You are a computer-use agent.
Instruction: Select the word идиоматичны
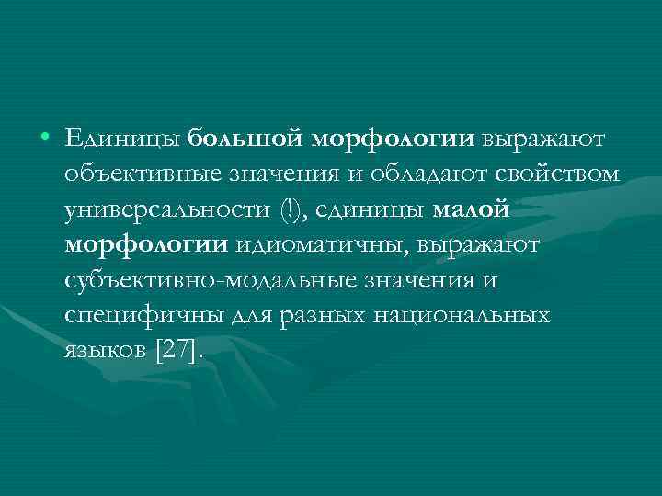point(322,244)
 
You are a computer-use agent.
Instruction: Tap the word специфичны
point(131,314)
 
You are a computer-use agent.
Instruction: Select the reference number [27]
point(181,349)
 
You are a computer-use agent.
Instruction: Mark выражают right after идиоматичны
point(482,244)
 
